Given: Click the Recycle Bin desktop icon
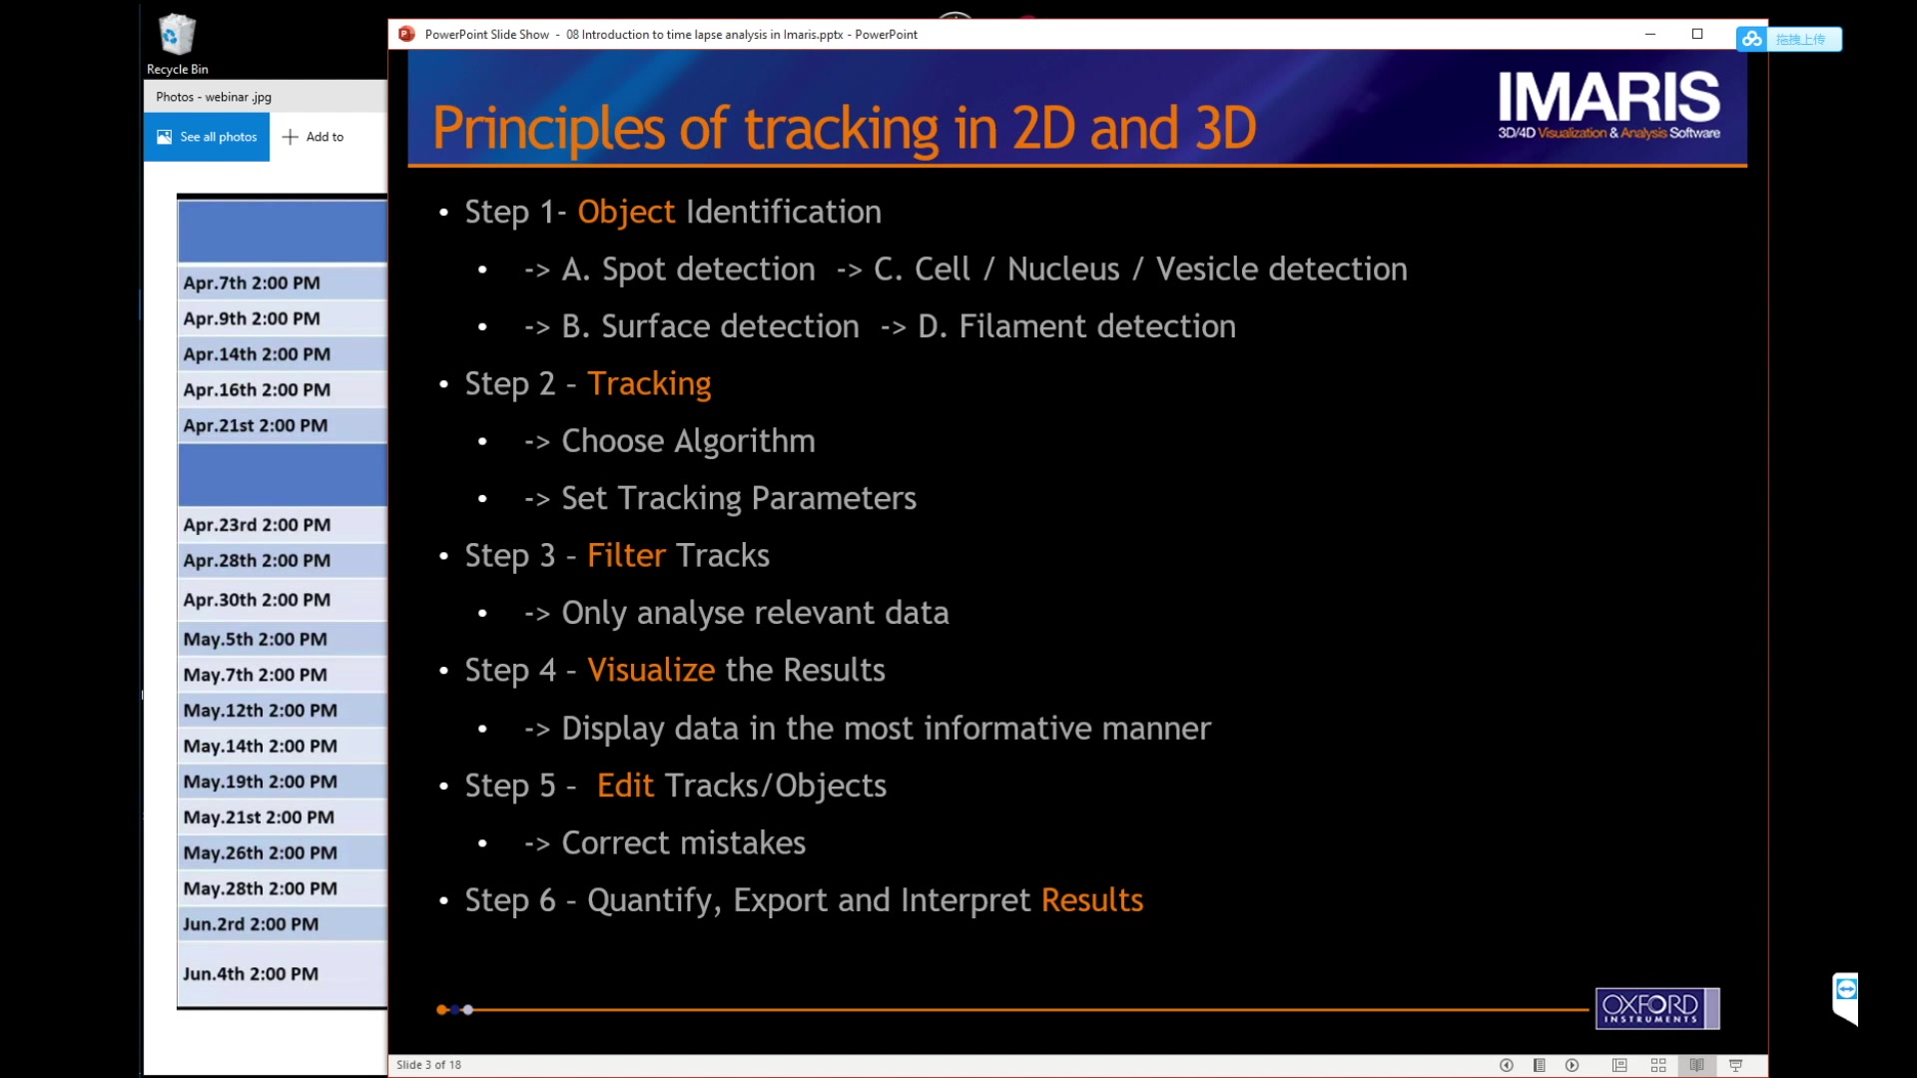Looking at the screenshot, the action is [x=177, y=44].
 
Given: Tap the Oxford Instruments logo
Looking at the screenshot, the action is [x=1657, y=1008].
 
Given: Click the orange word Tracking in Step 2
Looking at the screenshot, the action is [x=649, y=384].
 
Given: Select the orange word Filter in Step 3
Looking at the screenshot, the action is [x=626, y=555].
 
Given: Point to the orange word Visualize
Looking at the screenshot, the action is [x=651, y=670].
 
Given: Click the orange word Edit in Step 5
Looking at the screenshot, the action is [x=625, y=786].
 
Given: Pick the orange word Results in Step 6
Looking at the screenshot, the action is [x=1092, y=900].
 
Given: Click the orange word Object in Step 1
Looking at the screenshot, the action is [x=626, y=213].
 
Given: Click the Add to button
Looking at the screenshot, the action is [x=314, y=137].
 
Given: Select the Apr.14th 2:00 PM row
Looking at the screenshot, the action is [x=283, y=354].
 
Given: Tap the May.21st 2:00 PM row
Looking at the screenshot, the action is [x=283, y=817].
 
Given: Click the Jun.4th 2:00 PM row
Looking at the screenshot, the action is [x=283, y=974].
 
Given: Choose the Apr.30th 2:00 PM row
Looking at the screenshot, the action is [x=283, y=600].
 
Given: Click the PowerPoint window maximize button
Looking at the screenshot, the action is [x=1697, y=34].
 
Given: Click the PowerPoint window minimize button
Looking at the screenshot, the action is [x=1650, y=34].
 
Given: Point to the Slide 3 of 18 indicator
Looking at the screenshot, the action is [x=428, y=1065].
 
